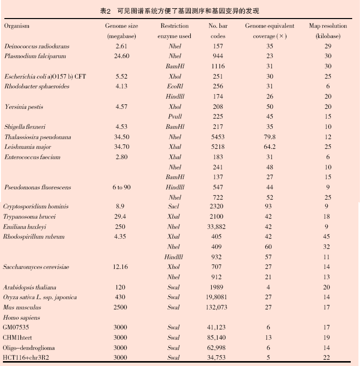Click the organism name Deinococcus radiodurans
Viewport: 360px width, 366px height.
37,46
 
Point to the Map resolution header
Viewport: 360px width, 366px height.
328,26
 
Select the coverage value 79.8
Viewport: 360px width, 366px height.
270,137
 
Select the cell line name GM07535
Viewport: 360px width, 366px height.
16,327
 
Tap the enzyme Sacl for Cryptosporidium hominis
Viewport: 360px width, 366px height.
174,206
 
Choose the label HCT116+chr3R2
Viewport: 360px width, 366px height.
25,358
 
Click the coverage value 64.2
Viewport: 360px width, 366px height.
270,147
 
